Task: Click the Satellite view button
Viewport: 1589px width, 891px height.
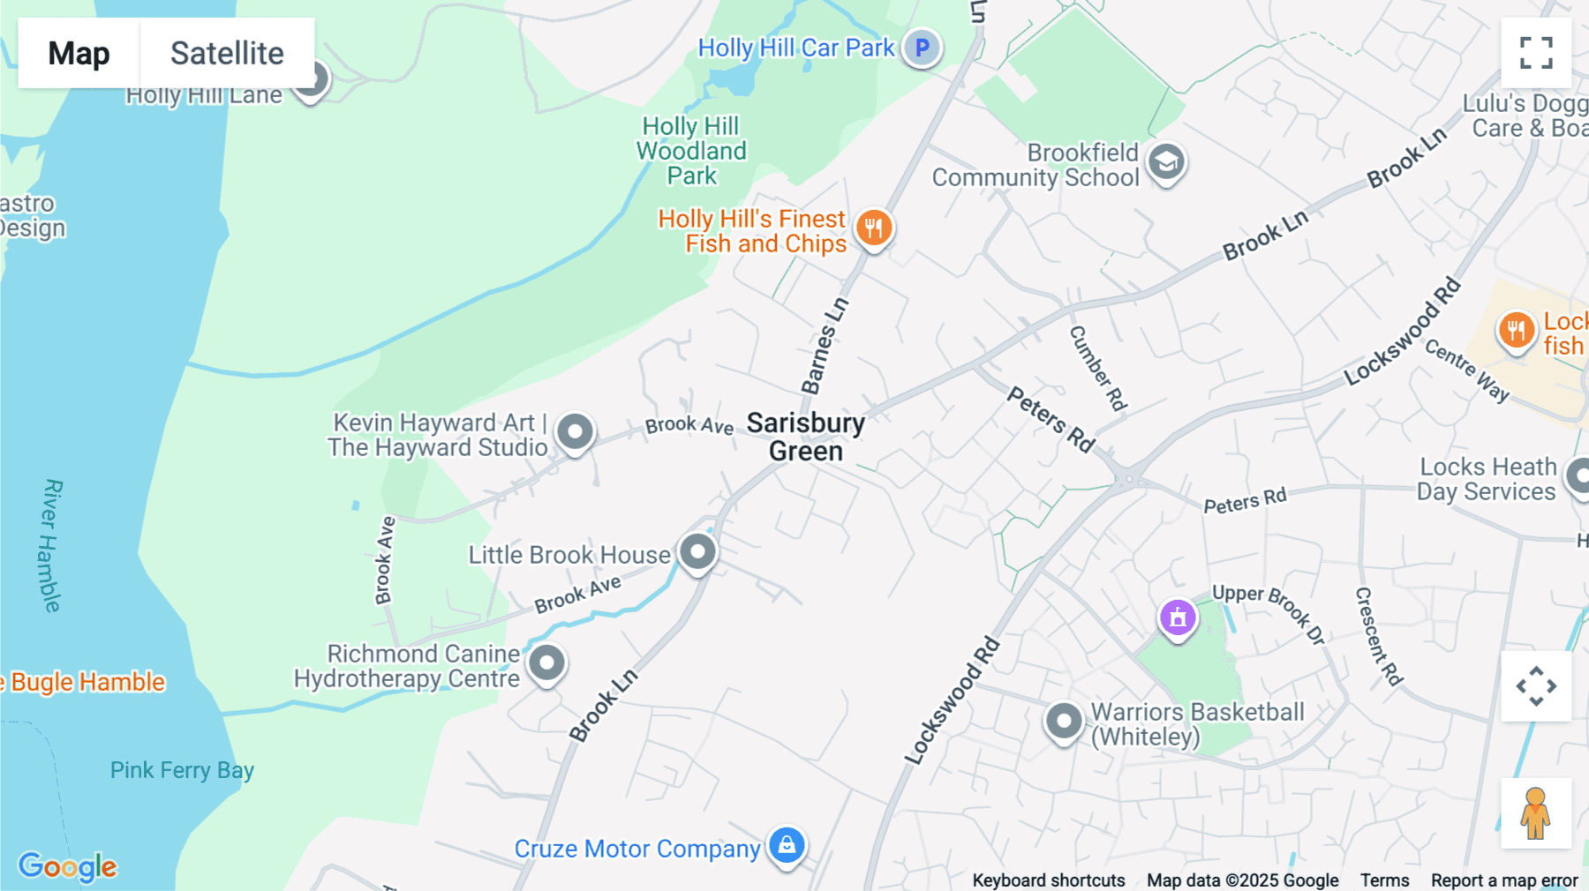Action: tap(227, 53)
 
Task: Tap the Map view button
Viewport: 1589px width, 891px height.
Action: tap(79, 53)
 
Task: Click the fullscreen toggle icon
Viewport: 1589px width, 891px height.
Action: tap(1536, 53)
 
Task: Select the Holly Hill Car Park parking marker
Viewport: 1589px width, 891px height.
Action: tap(922, 48)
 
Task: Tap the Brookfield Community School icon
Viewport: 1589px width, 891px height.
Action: tap(1166, 162)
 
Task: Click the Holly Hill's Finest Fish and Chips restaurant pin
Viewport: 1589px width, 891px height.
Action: tap(874, 228)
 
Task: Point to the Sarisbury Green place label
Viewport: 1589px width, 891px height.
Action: tap(805, 437)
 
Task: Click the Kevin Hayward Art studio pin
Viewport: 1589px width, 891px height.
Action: tap(576, 432)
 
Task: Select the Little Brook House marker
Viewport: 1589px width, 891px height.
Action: tap(697, 552)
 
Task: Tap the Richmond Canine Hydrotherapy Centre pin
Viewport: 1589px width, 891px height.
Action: tap(546, 663)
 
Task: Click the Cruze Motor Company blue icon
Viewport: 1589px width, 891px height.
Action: tap(787, 845)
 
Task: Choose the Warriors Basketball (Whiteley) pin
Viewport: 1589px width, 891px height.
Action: tap(1064, 722)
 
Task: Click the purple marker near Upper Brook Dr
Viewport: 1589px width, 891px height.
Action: tap(1178, 618)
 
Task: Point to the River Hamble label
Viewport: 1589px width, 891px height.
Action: tap(52, 545)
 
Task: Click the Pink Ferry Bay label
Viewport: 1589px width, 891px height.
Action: tap(182, 770)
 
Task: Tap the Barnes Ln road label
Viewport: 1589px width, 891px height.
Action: tap(825, 346)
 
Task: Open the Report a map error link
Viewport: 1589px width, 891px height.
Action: tap(1504, 880)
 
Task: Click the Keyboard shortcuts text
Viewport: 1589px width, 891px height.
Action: tap(1049, 880)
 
